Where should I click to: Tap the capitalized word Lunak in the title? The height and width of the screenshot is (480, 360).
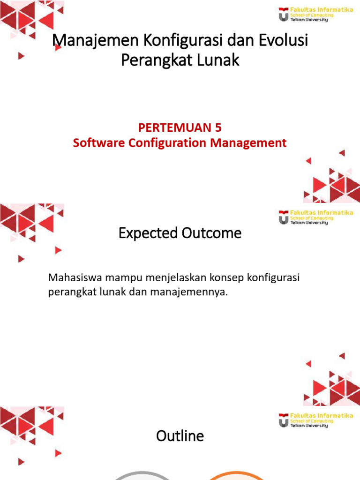tap(219, 60)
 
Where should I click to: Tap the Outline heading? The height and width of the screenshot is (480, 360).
tap(180, 436)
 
